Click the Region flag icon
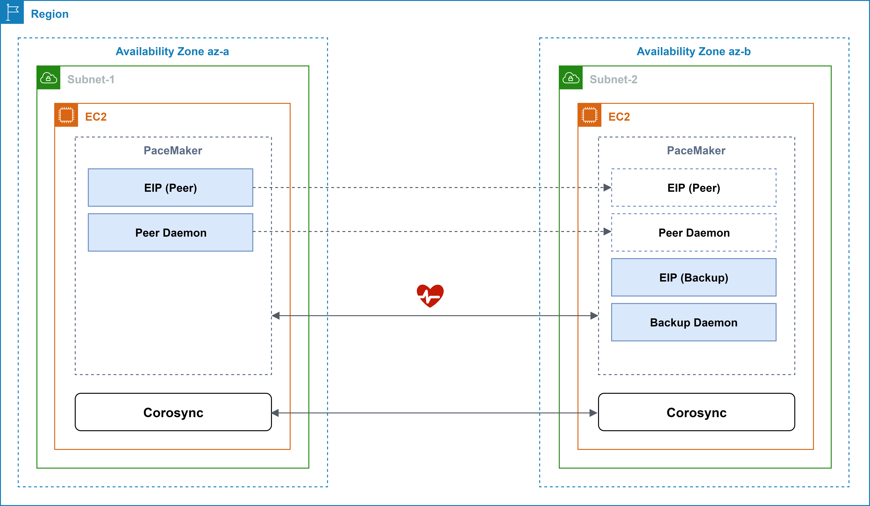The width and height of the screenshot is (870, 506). [x=12, y=12]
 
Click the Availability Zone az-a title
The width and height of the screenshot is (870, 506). [x=172, y=51]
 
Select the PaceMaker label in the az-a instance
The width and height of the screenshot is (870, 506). [x=173, y=151]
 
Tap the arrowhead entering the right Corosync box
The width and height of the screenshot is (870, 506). [x=594, y=413]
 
